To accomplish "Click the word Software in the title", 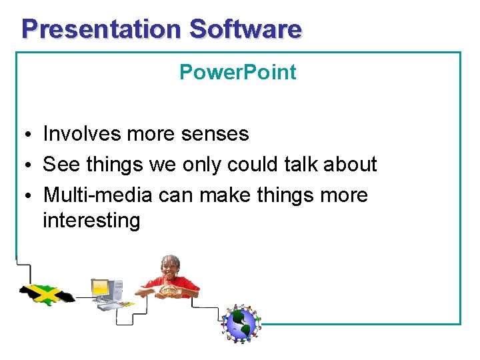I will click(x=245, y=29).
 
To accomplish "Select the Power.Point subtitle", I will click(x=237, y=72).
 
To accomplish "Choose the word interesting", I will click(x=91, y=221).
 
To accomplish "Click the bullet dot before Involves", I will click(x=23, y=135).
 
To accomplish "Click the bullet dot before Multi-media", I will click(x=23, y=197).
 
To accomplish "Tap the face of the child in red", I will click(x=171, y=267).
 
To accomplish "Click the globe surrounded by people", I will click(x=241, y=324).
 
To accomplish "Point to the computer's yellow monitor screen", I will click(x=100, y=288).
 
